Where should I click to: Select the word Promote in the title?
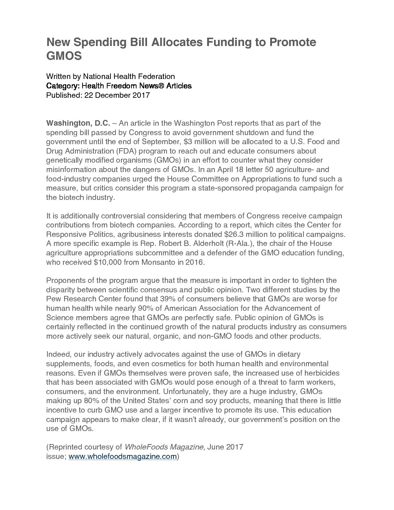[292, 42]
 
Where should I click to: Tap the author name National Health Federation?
[129, 76]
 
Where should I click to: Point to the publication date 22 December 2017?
[117, 95]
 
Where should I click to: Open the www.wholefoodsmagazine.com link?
[122, 457]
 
